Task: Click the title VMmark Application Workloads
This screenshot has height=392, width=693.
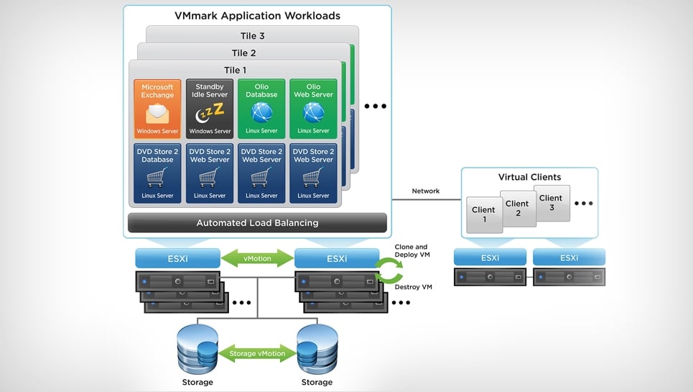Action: click(257, 16)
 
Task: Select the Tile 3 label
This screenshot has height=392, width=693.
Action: click(252, 36)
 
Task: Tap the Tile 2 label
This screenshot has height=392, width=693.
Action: click(243, 53)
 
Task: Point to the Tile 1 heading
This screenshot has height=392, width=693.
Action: click(235, 70)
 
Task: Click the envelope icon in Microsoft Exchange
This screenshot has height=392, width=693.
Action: click(157, 114)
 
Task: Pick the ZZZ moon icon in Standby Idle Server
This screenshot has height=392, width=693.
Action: click(210, 113)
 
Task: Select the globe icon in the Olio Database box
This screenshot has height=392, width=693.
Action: click(261, 112)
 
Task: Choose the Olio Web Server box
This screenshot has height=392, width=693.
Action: click(313, 109)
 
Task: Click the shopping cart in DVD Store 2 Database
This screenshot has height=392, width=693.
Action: click(157, 178)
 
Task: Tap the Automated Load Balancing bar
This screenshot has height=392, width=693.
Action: click(257, 223)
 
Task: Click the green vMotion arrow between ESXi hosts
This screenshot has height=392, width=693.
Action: click(257, 258)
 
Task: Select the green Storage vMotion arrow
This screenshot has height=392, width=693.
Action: click(257, 353)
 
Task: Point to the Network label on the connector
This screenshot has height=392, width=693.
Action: click(426, 191)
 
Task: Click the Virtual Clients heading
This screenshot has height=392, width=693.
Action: click(529, 177)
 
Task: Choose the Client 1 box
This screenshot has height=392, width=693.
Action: click(483, 214)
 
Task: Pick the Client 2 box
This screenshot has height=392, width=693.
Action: click(517, 208)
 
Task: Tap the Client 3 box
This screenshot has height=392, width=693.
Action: click(551, 202)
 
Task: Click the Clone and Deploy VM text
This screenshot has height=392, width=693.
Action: click(411, 251)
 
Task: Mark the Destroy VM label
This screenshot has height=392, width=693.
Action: click(414, 287)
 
